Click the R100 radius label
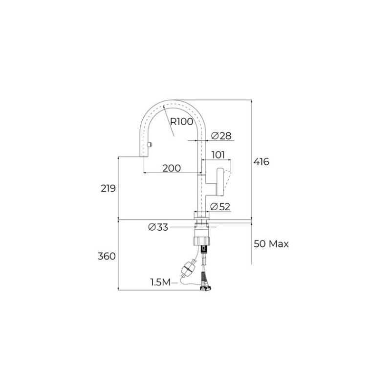click(x=182, y=122)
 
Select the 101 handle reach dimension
click(x=218, y=155)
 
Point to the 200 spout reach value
click(x=171, y=168)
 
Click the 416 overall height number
click(x=261, y=162)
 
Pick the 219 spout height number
click(x=108, y=188)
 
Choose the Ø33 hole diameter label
click(x=157, y=227)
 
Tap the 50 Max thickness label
click(x=271, y=243)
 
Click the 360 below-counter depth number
click(x=108, y=256)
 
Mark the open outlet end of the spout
click(x=145, y=156)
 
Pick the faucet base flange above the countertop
click(x=202, y=215)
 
